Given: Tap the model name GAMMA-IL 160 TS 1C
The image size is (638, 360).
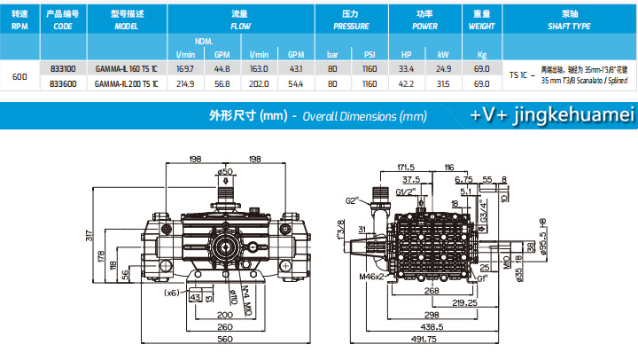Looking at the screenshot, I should point(126,67).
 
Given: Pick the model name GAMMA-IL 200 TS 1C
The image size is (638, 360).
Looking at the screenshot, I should point(126,83).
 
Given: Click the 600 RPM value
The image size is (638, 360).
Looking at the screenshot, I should point(19,76).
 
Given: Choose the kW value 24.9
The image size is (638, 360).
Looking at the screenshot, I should point(443,67).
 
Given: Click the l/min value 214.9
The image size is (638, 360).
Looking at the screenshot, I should point(186,83).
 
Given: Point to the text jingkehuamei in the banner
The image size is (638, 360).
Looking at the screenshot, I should point(567,115).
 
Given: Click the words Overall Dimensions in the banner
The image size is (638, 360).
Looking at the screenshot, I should point(364,116).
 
